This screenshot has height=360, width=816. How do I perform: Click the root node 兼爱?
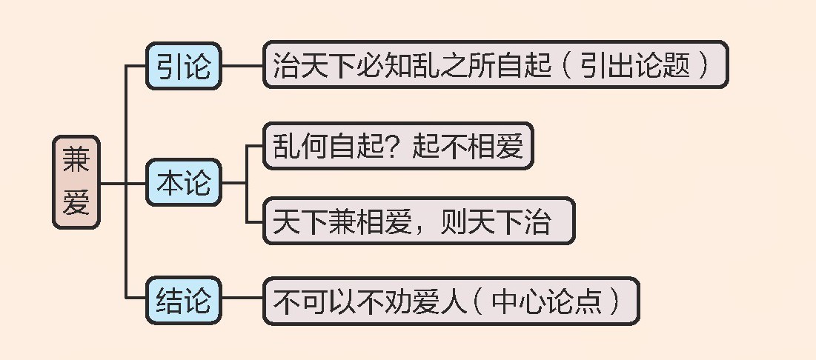pyautogui.click(x=76, y=181)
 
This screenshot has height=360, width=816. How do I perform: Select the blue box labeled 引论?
pyautogui.click(x=184, y=66)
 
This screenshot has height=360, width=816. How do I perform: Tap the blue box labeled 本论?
pyautogui.click(x=184, y=182)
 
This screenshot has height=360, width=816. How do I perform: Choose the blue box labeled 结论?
pyautogui.click(x=184, y=300)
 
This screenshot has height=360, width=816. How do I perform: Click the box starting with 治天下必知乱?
pyautogui.click(x=495, y=65)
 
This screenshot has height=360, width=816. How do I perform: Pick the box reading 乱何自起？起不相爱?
pyautogui.click(x=399, y=146)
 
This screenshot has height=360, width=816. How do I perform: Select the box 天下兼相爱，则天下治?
pyautogui.click(x=419, y=221)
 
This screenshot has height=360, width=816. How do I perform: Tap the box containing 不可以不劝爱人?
pyautogui.click(x=451, y=301)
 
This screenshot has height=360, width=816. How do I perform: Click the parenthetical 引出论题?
pyautogui.click(x=643, y=66)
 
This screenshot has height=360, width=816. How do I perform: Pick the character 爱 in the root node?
pyautogui.click(x=76, y=201)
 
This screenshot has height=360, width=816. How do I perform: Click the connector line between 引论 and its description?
pyautogui.click(x=242, y=66)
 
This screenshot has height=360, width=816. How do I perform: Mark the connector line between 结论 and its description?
pyautogui.click(x=242, y=300)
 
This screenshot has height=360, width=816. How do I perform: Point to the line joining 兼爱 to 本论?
pyautogui.click(x=122, y=182)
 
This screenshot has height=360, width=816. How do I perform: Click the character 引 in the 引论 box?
pyautogui.click(x=170, y=66)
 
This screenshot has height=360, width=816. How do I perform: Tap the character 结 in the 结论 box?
pyautogui.click(x=170, y=300)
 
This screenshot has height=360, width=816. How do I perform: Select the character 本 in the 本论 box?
pyautogui.click(x=170, y=182)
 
